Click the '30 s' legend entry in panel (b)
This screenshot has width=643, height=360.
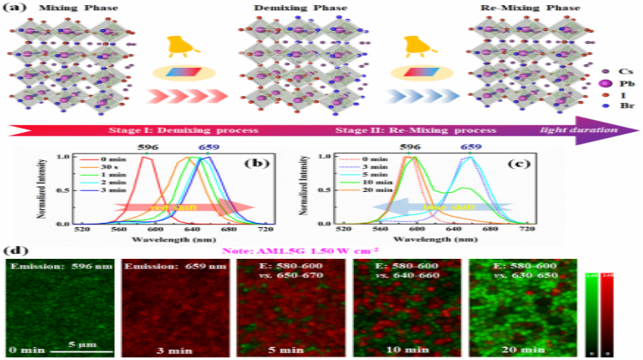[114, 167]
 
